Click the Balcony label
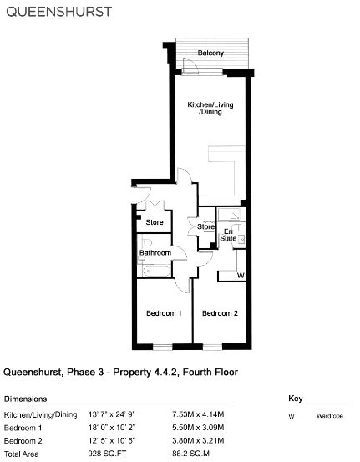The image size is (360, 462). click(x=210, y=53)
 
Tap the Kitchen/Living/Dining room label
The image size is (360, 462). click(x=210, y=108)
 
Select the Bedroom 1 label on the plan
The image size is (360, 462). click(x=164, y=313)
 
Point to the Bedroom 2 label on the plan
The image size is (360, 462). click(x=220, y=313)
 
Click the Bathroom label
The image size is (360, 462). click(x=155, y=253)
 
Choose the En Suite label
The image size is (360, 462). click(x=228, y=235)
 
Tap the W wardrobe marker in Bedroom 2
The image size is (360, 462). click(x=241, y=276)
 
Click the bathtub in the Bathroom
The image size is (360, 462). click(x=156, y=271)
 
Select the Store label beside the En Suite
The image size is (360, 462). click(x=205, y=226)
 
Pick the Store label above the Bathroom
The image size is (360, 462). click(x=155, y=222)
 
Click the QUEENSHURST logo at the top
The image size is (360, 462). click(x=59, y=12)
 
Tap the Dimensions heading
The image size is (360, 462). click(x=26, y=399)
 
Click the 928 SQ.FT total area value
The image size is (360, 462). click(x=107, y=454)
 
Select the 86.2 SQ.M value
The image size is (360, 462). click(x=190, y=454)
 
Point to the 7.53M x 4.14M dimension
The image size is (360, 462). click(x=198, y=414)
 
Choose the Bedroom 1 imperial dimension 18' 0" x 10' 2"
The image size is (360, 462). click(x=112, y=428)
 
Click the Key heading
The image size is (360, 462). click(x=296, y=399)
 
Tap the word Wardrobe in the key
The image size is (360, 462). click(x=330, y=416)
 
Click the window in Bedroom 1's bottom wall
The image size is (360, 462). click(x=163, y=347)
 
